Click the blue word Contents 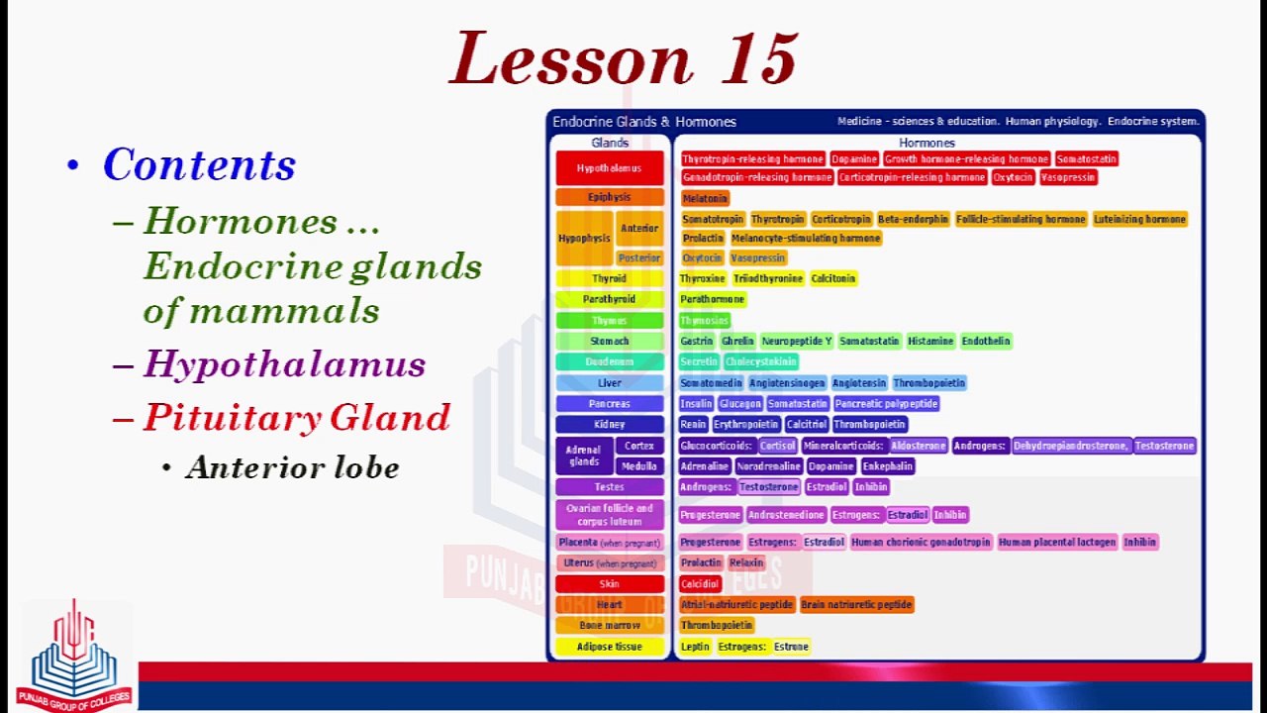199,164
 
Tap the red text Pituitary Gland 297,417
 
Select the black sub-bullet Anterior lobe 292,467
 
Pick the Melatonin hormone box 705,198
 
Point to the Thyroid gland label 609,279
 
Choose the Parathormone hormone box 713,299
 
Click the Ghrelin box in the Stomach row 737,342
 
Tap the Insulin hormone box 696,404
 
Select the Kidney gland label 609,425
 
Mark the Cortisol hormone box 778,447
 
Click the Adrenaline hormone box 705,466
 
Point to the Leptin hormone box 695,647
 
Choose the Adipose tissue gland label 609,647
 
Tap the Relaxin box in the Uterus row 746,562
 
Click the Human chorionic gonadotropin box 921,542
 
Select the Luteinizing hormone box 1139,219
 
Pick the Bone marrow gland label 609,626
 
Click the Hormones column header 926,143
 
